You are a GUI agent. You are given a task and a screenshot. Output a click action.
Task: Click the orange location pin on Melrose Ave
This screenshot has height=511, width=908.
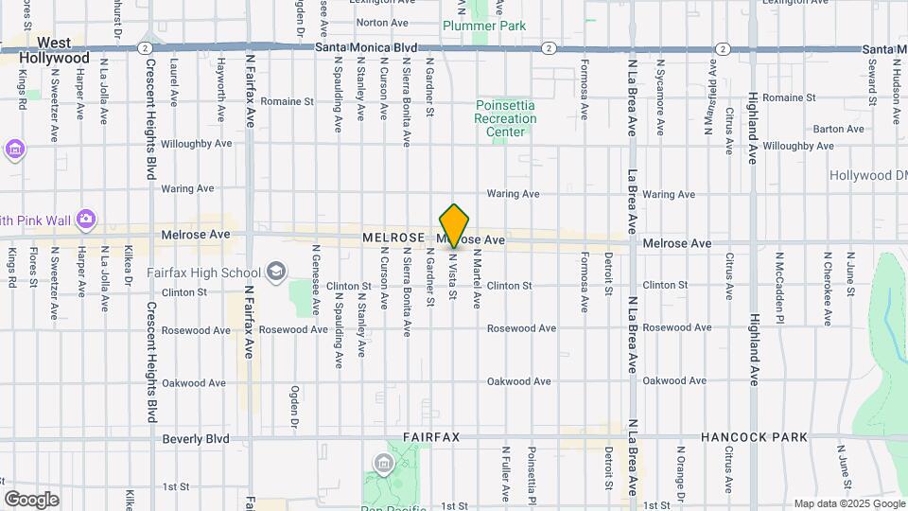[455, 225]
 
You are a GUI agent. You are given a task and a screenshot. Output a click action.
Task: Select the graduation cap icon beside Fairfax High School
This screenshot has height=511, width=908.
[275, 273]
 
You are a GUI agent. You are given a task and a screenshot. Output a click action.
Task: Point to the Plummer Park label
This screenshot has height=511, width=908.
[484, 26]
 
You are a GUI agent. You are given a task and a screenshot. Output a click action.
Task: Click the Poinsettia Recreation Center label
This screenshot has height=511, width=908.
[505, 118]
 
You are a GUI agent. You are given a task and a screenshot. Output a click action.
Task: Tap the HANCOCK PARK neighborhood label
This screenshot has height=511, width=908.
[754, 437]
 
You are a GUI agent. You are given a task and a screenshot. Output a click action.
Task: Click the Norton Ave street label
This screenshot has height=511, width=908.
[381, 22]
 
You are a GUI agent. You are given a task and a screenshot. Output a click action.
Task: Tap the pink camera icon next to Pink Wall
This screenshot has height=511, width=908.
[86, 220]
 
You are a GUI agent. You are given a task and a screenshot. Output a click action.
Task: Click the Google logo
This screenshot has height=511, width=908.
[30, 499]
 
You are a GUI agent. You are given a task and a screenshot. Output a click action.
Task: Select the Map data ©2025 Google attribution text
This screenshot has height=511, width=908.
[848, 503]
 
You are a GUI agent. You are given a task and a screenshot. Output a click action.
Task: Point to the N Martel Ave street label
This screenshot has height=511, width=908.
[477, 279]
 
